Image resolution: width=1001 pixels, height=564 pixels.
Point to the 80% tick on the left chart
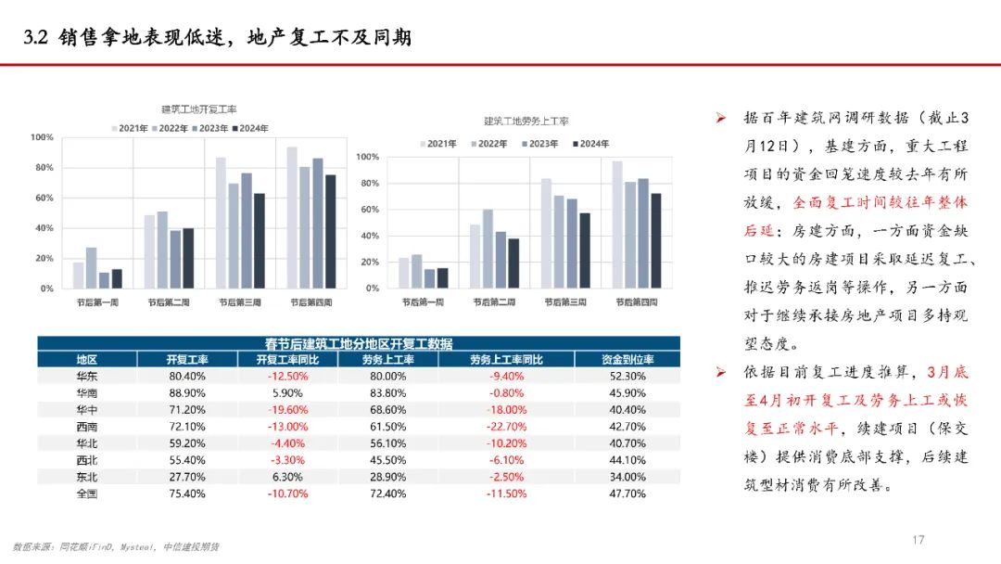[43, 168]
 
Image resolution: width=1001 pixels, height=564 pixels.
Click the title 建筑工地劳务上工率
[526, 122]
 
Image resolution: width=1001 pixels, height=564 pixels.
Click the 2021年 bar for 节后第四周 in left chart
[292, 218]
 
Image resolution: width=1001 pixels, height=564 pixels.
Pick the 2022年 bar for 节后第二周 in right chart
[488, 249]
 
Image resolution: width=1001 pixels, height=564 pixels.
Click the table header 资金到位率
[627, 360]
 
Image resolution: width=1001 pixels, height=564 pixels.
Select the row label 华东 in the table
[87, 377]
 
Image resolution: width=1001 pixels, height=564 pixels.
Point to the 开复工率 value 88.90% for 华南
[187, 393]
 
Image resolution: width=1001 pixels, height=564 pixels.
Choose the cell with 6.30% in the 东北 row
[287, 477]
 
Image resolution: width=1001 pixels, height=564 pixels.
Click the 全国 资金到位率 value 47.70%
[627, 493]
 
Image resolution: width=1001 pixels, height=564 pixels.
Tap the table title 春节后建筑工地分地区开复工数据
[360, 343]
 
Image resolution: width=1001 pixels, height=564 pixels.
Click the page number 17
[919, 540]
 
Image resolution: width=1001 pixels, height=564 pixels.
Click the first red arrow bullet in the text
[720, 120]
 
